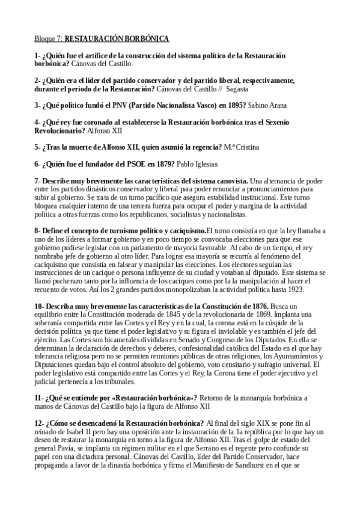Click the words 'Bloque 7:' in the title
(x=48, y=38)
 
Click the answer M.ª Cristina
(x=236, y=147)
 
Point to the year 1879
(x=162, y=164)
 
